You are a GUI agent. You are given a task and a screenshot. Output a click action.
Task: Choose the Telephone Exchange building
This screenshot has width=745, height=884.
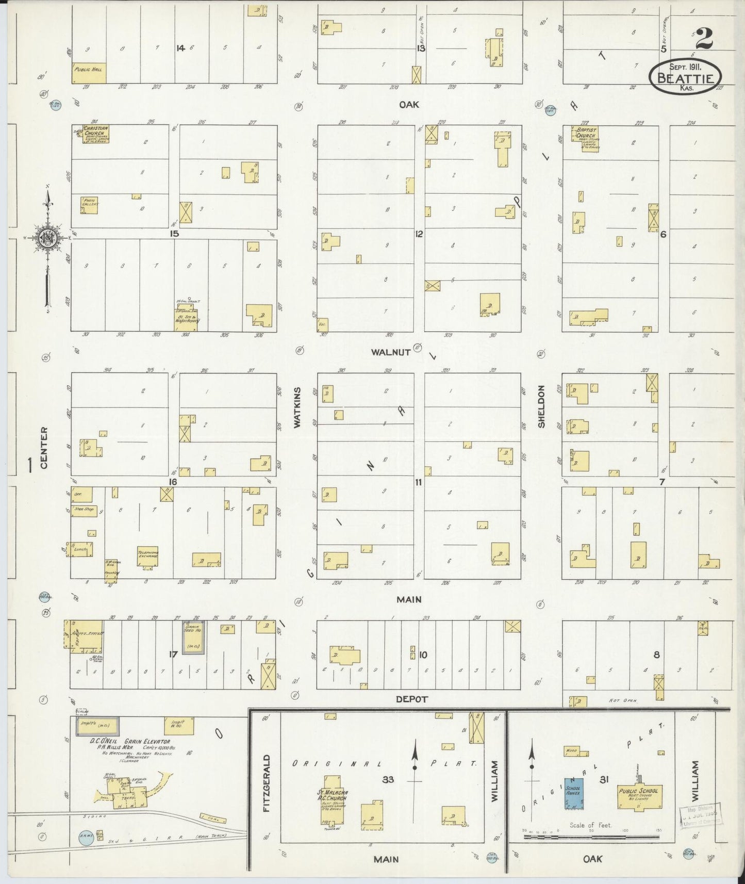[x=147, y=556]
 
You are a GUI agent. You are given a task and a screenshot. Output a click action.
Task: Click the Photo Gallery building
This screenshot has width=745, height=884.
[x=89, y=205]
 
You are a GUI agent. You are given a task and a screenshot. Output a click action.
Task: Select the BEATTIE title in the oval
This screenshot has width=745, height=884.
[x=685, y=79]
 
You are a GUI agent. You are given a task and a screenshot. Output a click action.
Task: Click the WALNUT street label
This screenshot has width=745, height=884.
[x=390, y=352]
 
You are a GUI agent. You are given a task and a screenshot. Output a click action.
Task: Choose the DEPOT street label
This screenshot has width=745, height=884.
[x=412, y=699]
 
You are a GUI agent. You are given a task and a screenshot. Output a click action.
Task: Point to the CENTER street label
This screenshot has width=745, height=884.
[x=44, y=448]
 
